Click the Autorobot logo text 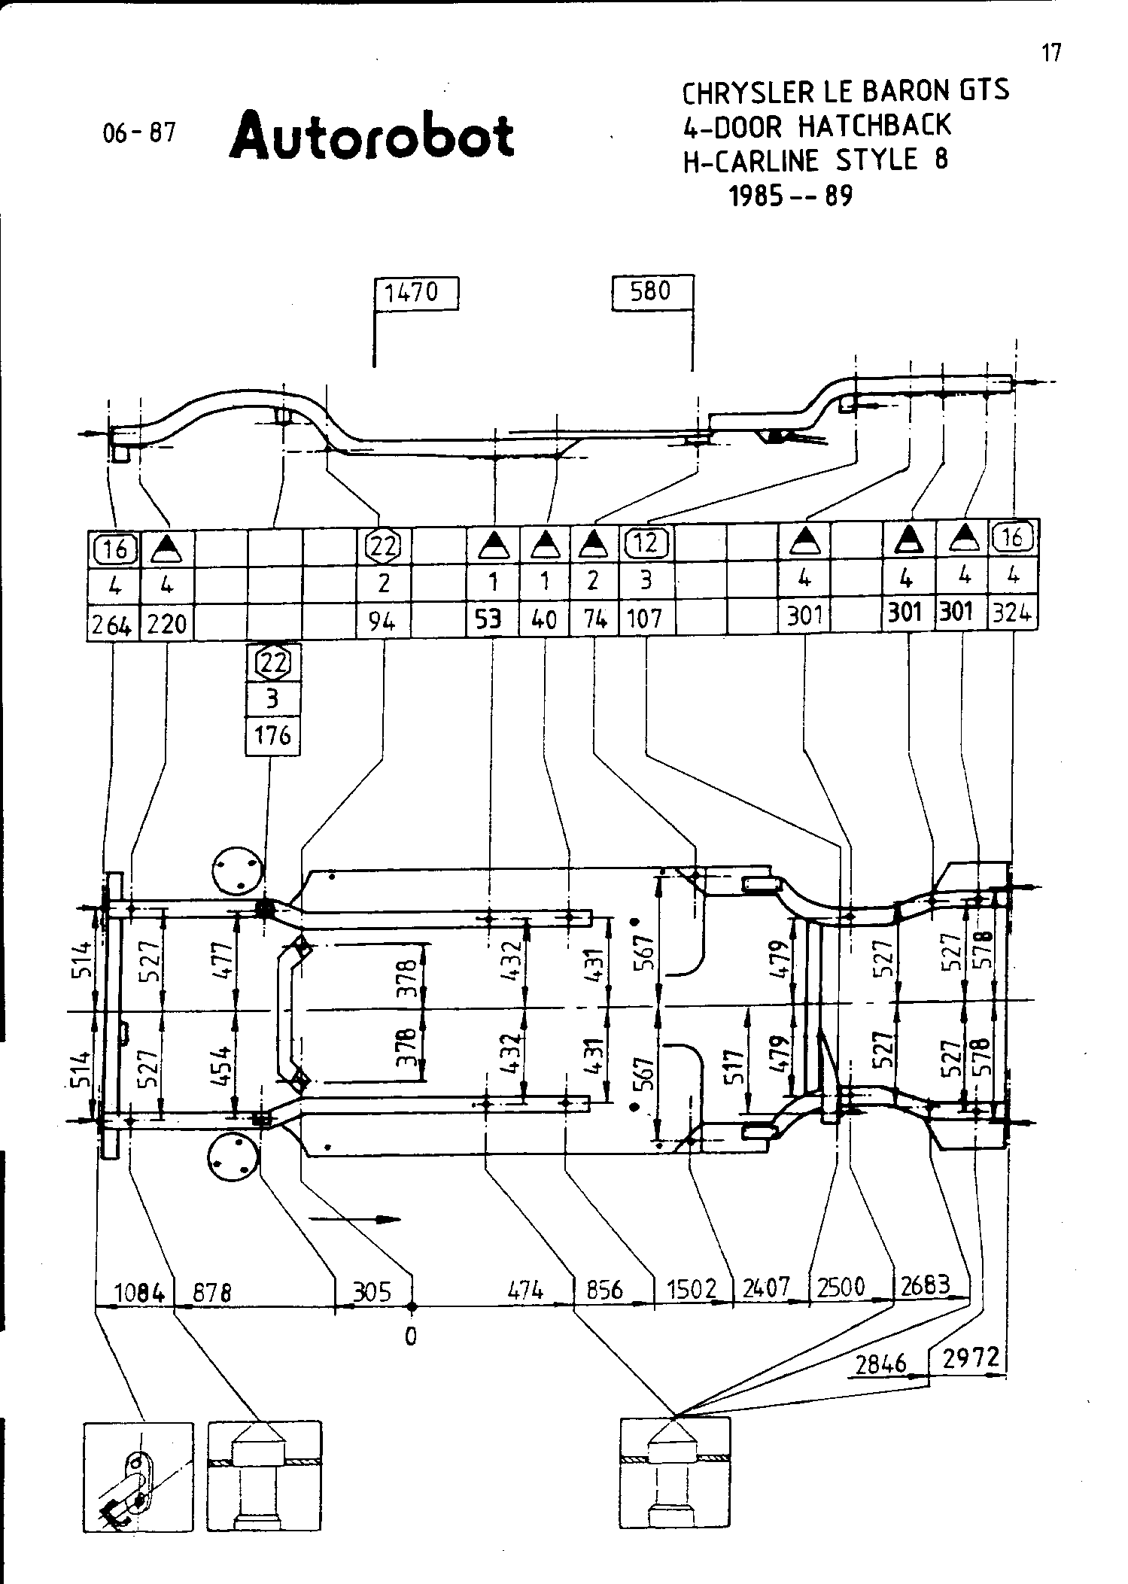click(372, 135)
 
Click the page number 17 click(1051, 53)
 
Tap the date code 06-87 click(139, 132)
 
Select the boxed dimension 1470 click(416, 292)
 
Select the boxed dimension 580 click(651, 290)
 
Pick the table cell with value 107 click(645, 619)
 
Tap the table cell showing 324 click(1011, 614)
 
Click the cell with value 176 click(272, 735)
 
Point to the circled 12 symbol click(646, 543)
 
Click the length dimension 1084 click(138, 1293)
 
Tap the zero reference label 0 click(410, 1337)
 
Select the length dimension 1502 click(692, 1290)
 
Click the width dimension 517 click(737, 1066)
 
